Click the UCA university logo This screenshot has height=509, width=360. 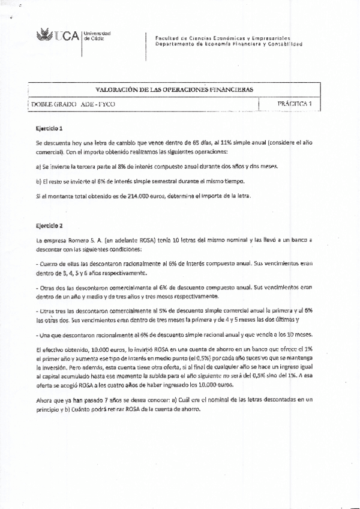[x=58, y=37]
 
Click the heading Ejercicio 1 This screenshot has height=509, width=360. [x=49, y=128]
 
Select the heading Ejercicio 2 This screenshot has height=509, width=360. [x=49, y=226]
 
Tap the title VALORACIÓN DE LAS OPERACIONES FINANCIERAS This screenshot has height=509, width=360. [x=174, y=89]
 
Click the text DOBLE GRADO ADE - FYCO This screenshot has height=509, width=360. [x=73, y=104]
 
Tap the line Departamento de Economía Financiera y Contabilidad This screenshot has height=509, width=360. [x=228, y=44]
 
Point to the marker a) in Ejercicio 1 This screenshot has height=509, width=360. [x=38, y=166]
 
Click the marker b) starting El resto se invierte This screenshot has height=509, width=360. [x=38, y=181]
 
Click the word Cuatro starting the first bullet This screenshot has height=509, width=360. [x=48, y=264]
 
